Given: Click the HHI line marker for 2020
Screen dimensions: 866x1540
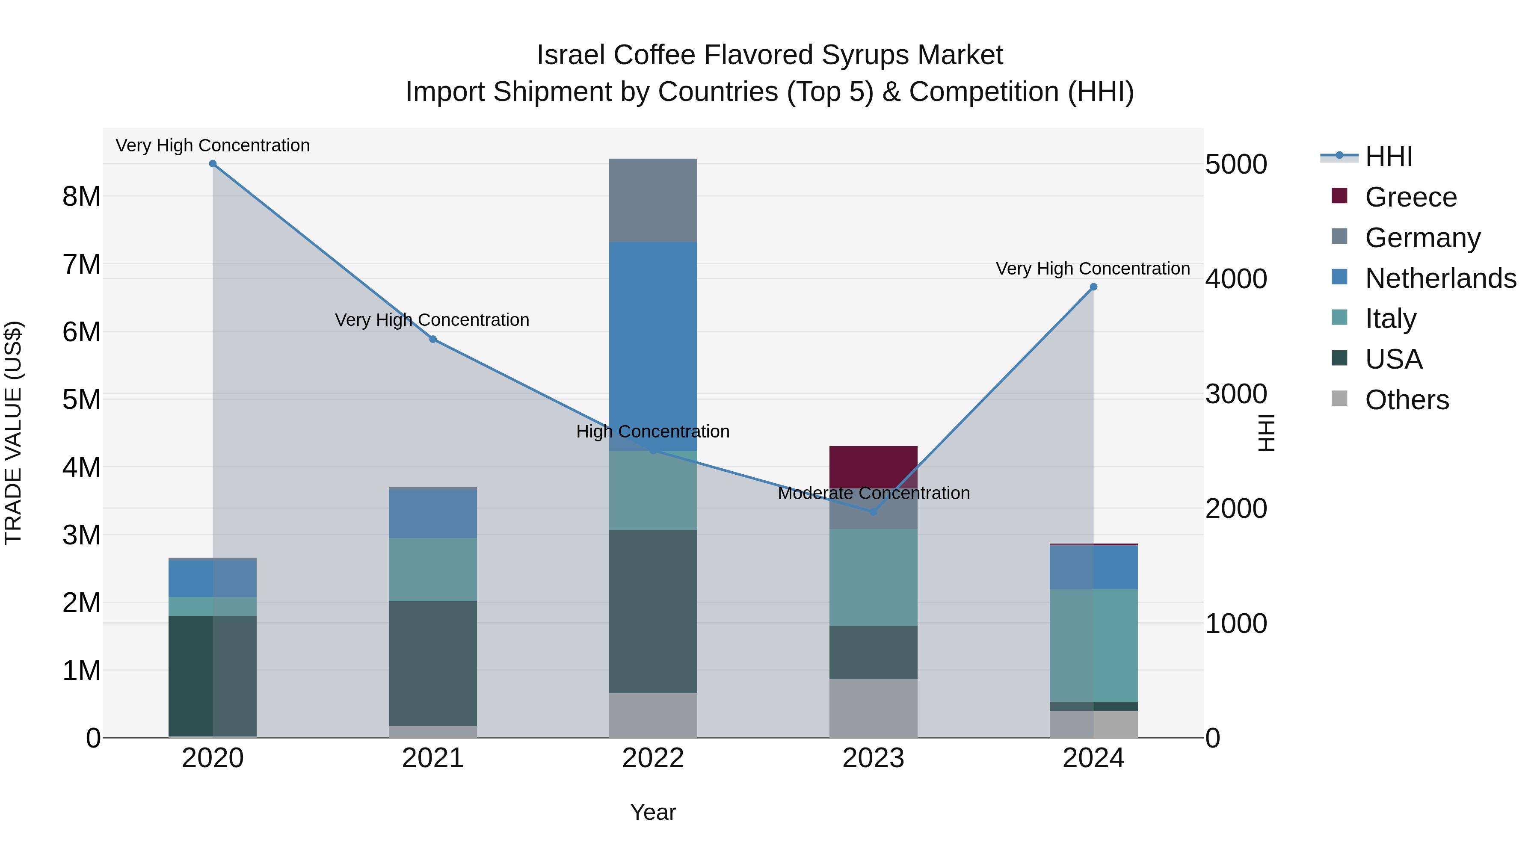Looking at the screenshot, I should coord(213,164).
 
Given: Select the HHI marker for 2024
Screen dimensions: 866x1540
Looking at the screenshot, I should coord(1093,287).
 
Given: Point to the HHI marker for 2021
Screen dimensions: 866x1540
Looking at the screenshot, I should coord(433,340).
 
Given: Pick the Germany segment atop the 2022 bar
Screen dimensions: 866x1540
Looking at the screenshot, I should coord(653,200).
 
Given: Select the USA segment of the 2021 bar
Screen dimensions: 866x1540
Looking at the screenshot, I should coord(433,663).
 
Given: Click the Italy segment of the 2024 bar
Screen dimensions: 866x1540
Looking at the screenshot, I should coord(1093,645).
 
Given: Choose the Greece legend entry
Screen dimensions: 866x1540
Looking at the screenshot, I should coord(1410,197).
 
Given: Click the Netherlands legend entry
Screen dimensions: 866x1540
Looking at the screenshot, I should coord(1440,278).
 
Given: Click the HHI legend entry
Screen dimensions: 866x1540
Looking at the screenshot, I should coord(1388,157).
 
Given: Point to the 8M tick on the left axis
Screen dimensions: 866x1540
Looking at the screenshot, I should coord(81,196).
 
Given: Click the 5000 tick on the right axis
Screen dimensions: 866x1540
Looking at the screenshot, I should coord(1236,164).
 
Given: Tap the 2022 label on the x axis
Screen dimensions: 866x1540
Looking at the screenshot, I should coord(653,758).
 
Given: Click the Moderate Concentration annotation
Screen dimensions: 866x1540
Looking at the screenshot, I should coord(874,493).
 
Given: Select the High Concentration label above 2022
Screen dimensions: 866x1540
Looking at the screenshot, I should coord(653,432).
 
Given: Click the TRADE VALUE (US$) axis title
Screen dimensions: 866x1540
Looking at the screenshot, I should coord(13,433).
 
